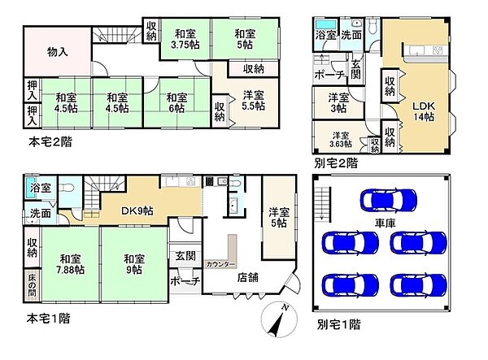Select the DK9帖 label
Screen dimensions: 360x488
(x=137, y=210)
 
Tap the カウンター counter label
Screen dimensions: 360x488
(x=220, y=265)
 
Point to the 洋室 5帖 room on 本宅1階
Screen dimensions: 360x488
(x=280, y=217)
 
